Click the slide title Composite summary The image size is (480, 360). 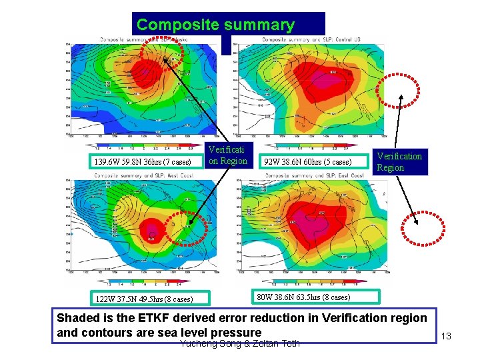(215, 26)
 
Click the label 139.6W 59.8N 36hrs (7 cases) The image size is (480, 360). (143, 162)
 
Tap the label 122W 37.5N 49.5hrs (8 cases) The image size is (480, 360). (144, 299)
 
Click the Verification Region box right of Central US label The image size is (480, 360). (399, 162)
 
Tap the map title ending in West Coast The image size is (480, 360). (141, 175)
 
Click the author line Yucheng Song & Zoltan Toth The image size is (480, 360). (240, 343)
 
